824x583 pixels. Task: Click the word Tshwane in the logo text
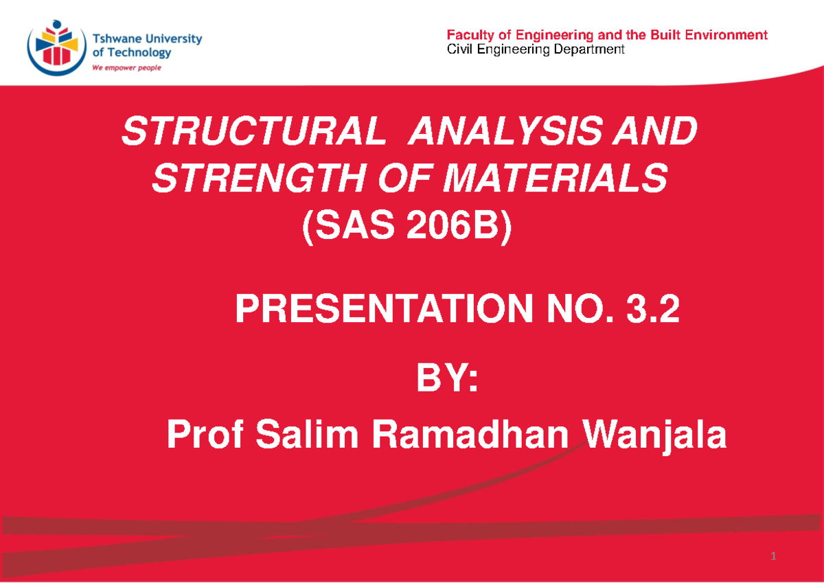coord(115,39)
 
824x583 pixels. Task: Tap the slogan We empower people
coord(126,68)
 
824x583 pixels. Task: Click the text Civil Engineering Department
coord(536,49)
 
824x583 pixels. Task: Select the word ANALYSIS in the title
coord(518,132)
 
